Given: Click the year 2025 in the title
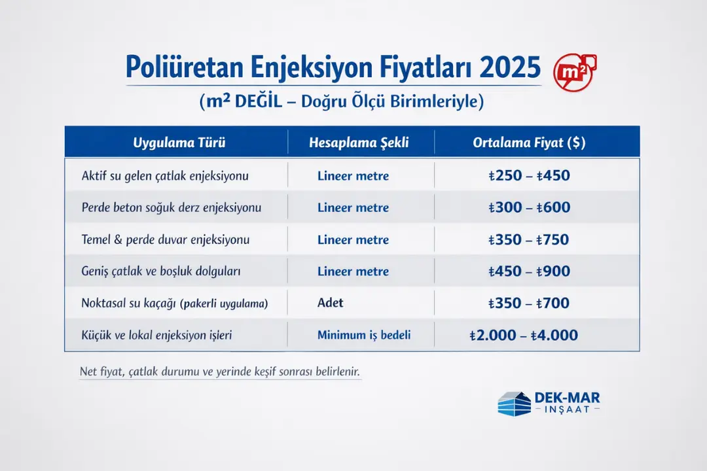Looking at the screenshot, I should click(x=511, y=67).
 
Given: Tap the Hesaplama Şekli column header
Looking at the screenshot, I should click(x=359, y=143).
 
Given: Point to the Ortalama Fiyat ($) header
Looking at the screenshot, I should click(x=529, y=143).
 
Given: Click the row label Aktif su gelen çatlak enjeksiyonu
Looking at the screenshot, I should click(x=165, y=176).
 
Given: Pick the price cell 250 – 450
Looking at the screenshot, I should click(x=529, y=175).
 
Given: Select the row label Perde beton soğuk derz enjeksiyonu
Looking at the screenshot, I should click(x=172, y=208).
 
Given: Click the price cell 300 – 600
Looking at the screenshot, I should click(x=529, y=207).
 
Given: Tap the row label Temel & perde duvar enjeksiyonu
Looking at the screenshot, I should click(x=166, y=240).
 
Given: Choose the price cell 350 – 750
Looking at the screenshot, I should click(x=529, y=239).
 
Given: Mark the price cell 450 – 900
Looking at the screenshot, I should click(x=529, y=271).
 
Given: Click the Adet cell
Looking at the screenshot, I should click(x=331, y=303).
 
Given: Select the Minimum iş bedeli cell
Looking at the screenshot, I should click(x=364, y=335).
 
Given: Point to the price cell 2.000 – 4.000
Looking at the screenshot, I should click(x=524, y=335).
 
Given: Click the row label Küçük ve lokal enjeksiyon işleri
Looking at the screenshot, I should click(x=157, y=335).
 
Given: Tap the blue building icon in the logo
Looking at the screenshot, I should click(x=514, y=403).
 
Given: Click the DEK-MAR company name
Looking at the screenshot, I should click(x=567, y=398).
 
